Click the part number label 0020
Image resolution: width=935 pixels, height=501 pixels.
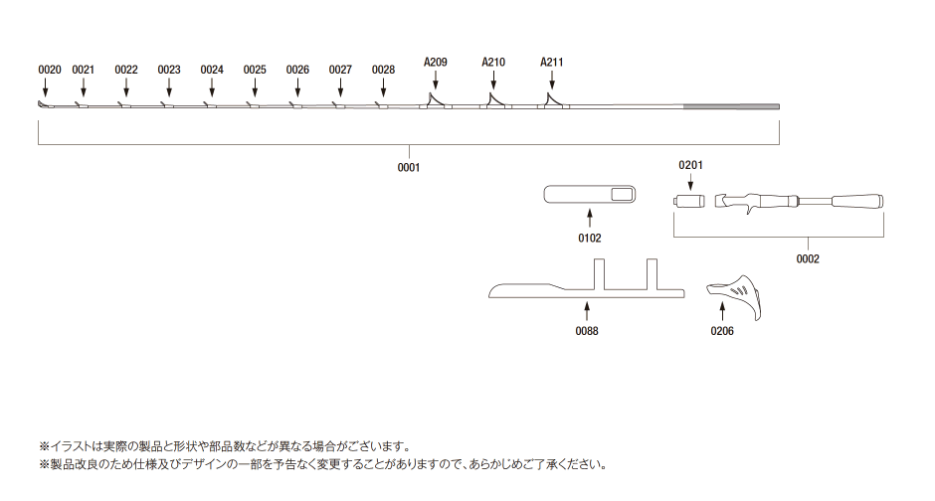(50, 70)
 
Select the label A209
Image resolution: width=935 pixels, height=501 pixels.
(436, 62)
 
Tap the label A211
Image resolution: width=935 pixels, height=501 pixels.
(552, 62)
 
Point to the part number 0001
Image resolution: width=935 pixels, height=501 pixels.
(409, 167)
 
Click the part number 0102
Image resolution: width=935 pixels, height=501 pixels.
(590, 238)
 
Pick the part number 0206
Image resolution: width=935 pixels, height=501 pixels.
(722, 331)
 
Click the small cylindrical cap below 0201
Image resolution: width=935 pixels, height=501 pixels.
(689, 201)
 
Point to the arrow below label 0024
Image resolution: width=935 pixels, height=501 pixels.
(212, 87)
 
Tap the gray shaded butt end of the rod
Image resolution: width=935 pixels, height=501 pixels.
(730, 107)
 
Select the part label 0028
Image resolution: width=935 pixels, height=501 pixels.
(383, 70)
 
